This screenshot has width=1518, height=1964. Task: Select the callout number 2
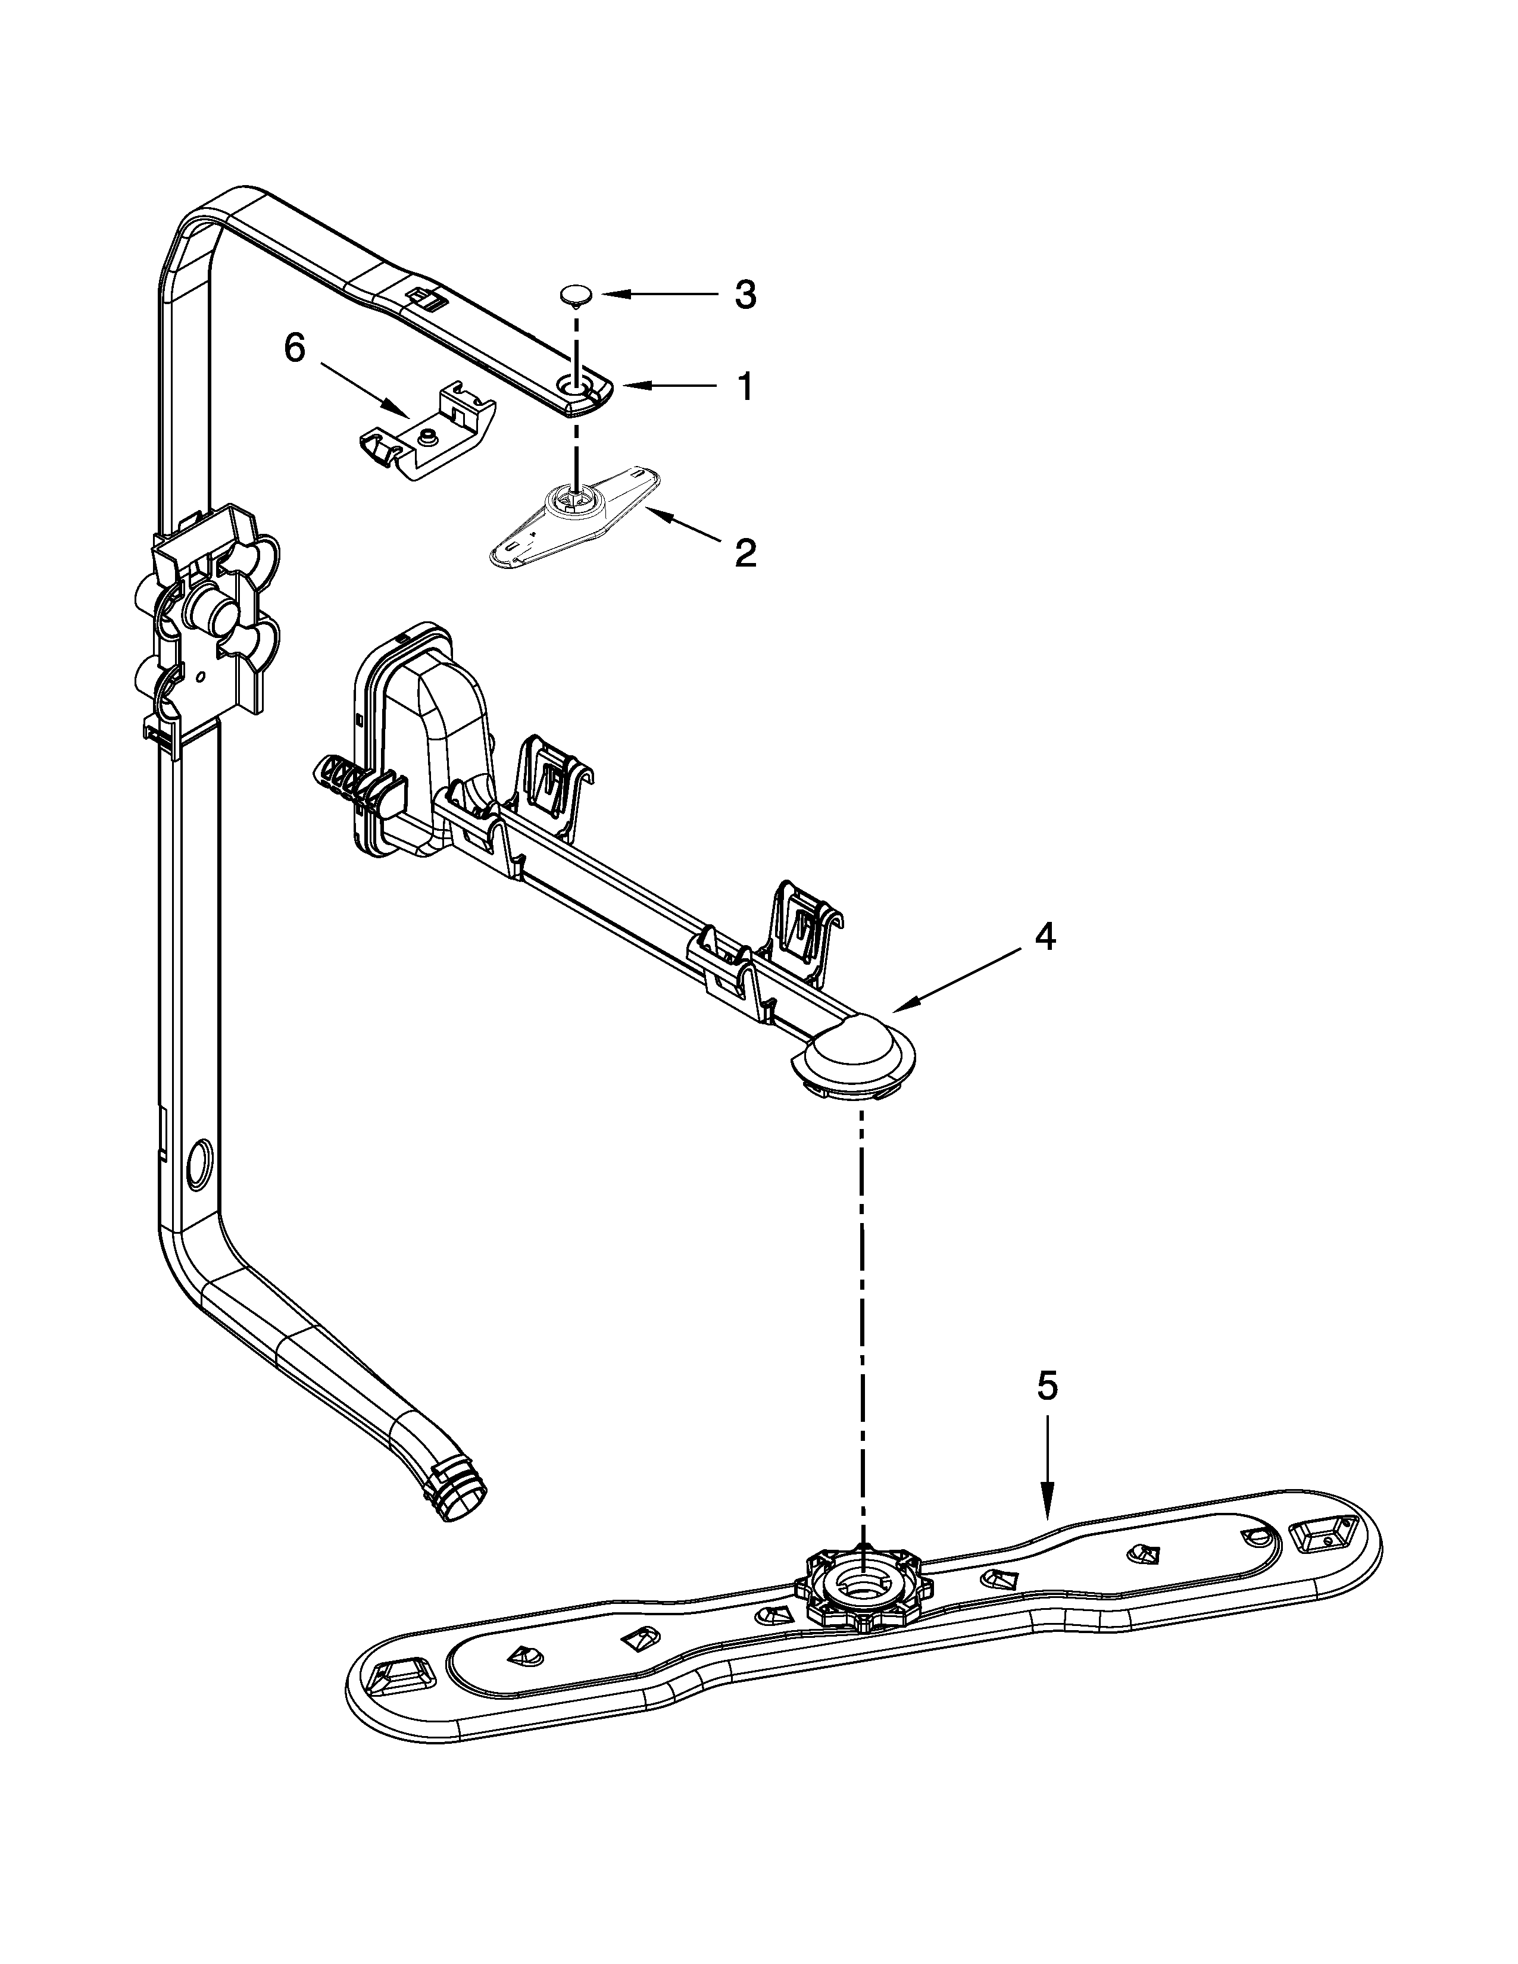pyautogui.click(x=745, y=553)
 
